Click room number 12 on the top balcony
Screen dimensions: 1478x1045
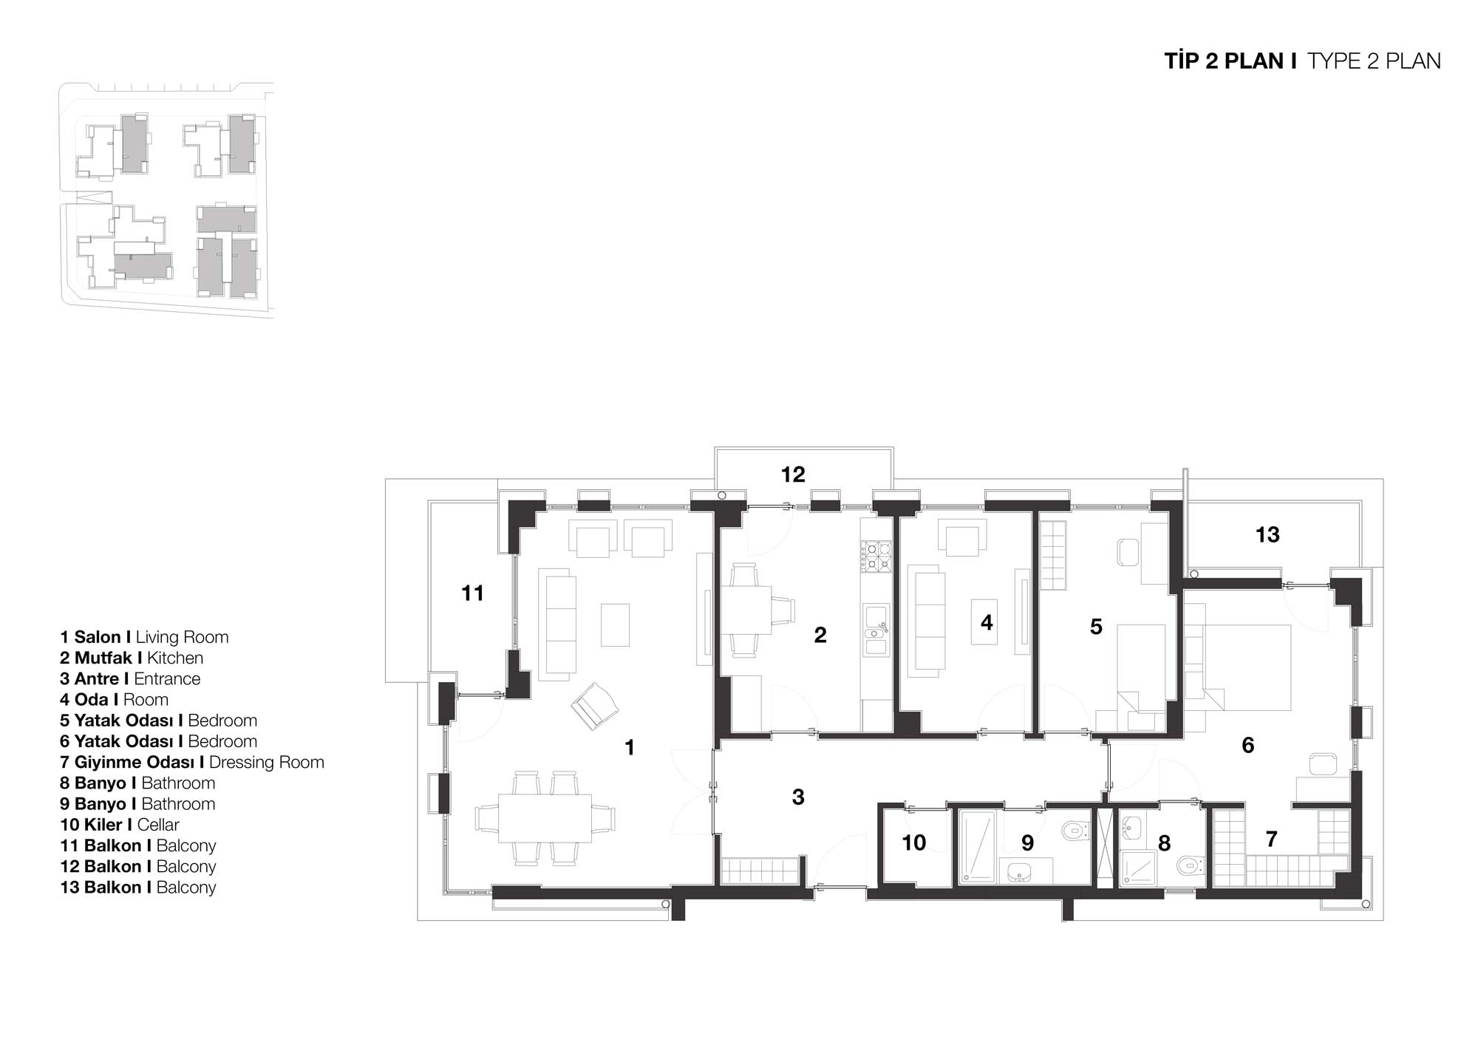coord(793,474)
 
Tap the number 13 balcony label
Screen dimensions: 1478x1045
coord(1267,535)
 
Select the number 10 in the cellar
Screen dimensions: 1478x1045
coord(914,843)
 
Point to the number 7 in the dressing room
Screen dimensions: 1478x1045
coord(1271,839)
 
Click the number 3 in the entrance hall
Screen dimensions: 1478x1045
coord(798,797)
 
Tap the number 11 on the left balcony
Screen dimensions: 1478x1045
coord(472,593)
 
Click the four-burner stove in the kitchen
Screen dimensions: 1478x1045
coord(876,556)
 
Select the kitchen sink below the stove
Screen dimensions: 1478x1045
coord(876,630)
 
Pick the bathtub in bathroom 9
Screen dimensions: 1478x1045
coord(976,847)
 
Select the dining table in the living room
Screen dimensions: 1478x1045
coord(545,818)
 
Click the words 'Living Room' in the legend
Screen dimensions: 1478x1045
coord(182,637)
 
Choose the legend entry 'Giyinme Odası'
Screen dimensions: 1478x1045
coord(134,763)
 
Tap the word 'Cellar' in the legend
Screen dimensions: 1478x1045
coord(158,825)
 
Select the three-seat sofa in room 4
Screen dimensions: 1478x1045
coord(927,621)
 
